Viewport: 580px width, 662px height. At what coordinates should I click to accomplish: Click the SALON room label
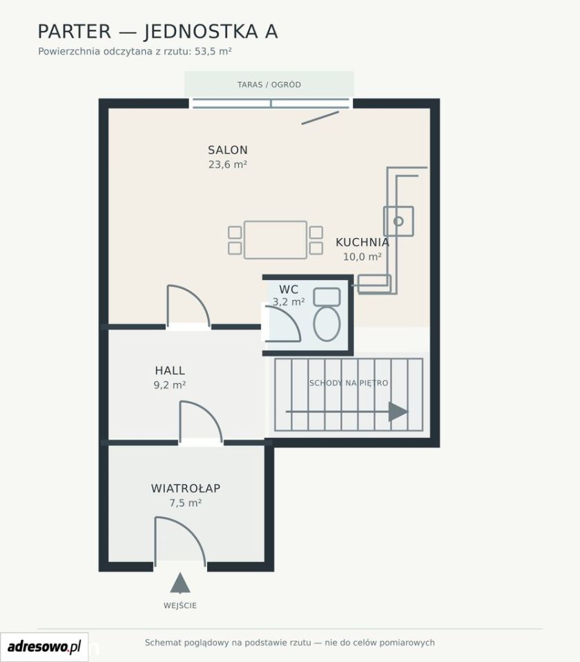[x=227, y=150]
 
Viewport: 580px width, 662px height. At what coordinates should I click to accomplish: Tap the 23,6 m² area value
[x=227, y=164]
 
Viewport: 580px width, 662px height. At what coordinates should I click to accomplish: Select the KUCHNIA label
[x=362, y=242]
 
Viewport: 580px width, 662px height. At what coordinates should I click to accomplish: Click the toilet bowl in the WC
[x=327, y=323]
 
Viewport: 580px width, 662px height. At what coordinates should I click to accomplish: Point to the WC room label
[x=289, y=290]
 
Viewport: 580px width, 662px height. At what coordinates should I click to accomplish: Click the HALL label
[x=170, y=371]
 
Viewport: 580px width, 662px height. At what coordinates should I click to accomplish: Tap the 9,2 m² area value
[x=170, y=385]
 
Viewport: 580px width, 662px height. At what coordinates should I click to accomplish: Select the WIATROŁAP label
[x=186, y=488]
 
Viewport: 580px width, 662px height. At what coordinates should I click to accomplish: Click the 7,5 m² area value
[x=186, y=503]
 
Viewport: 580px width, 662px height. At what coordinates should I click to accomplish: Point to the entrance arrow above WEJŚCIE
[x=180, y=583]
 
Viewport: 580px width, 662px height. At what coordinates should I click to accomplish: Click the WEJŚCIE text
[x=180, y=605]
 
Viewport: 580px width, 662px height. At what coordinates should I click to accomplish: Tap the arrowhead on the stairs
[x=398, y=412]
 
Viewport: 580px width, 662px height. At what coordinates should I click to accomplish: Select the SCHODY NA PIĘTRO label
[x=349, y=383]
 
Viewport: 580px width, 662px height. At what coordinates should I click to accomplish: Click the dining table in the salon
[x=275, y=239]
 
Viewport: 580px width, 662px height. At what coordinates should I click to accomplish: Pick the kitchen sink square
[x=398, y=221]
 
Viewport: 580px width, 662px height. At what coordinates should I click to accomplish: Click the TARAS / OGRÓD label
[x=269, y=84]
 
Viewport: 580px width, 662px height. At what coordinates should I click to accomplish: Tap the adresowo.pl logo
[x=44, y=646]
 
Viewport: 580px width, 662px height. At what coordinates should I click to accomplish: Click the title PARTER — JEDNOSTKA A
[x=157, y=32]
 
